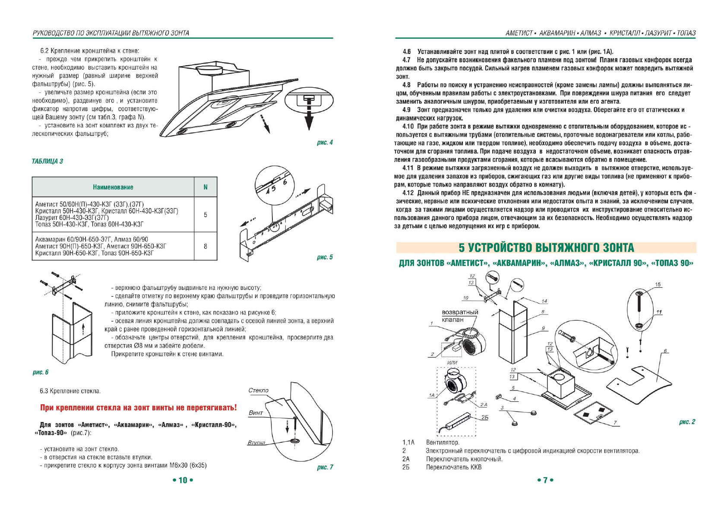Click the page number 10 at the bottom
click(183, 480)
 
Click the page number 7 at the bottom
click(545, 480)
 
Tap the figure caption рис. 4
click(325, 143)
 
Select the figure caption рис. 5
click(325, 257)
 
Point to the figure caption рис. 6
click(41, 372)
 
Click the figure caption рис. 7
click(325, 467)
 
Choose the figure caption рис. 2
click(687, 422)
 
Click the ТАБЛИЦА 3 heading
click(47, 162)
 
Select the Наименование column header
click(113, 187)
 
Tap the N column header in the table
click(205, 187)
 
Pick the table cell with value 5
click(205, 215)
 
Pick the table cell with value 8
click(205, 246)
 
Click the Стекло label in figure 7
click(258, 390)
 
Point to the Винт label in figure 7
click(256, 413)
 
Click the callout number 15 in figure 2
click(658, 285)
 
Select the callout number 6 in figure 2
click(665, 351)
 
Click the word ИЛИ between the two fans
click(452, 362)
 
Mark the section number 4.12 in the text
click(408, 193)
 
